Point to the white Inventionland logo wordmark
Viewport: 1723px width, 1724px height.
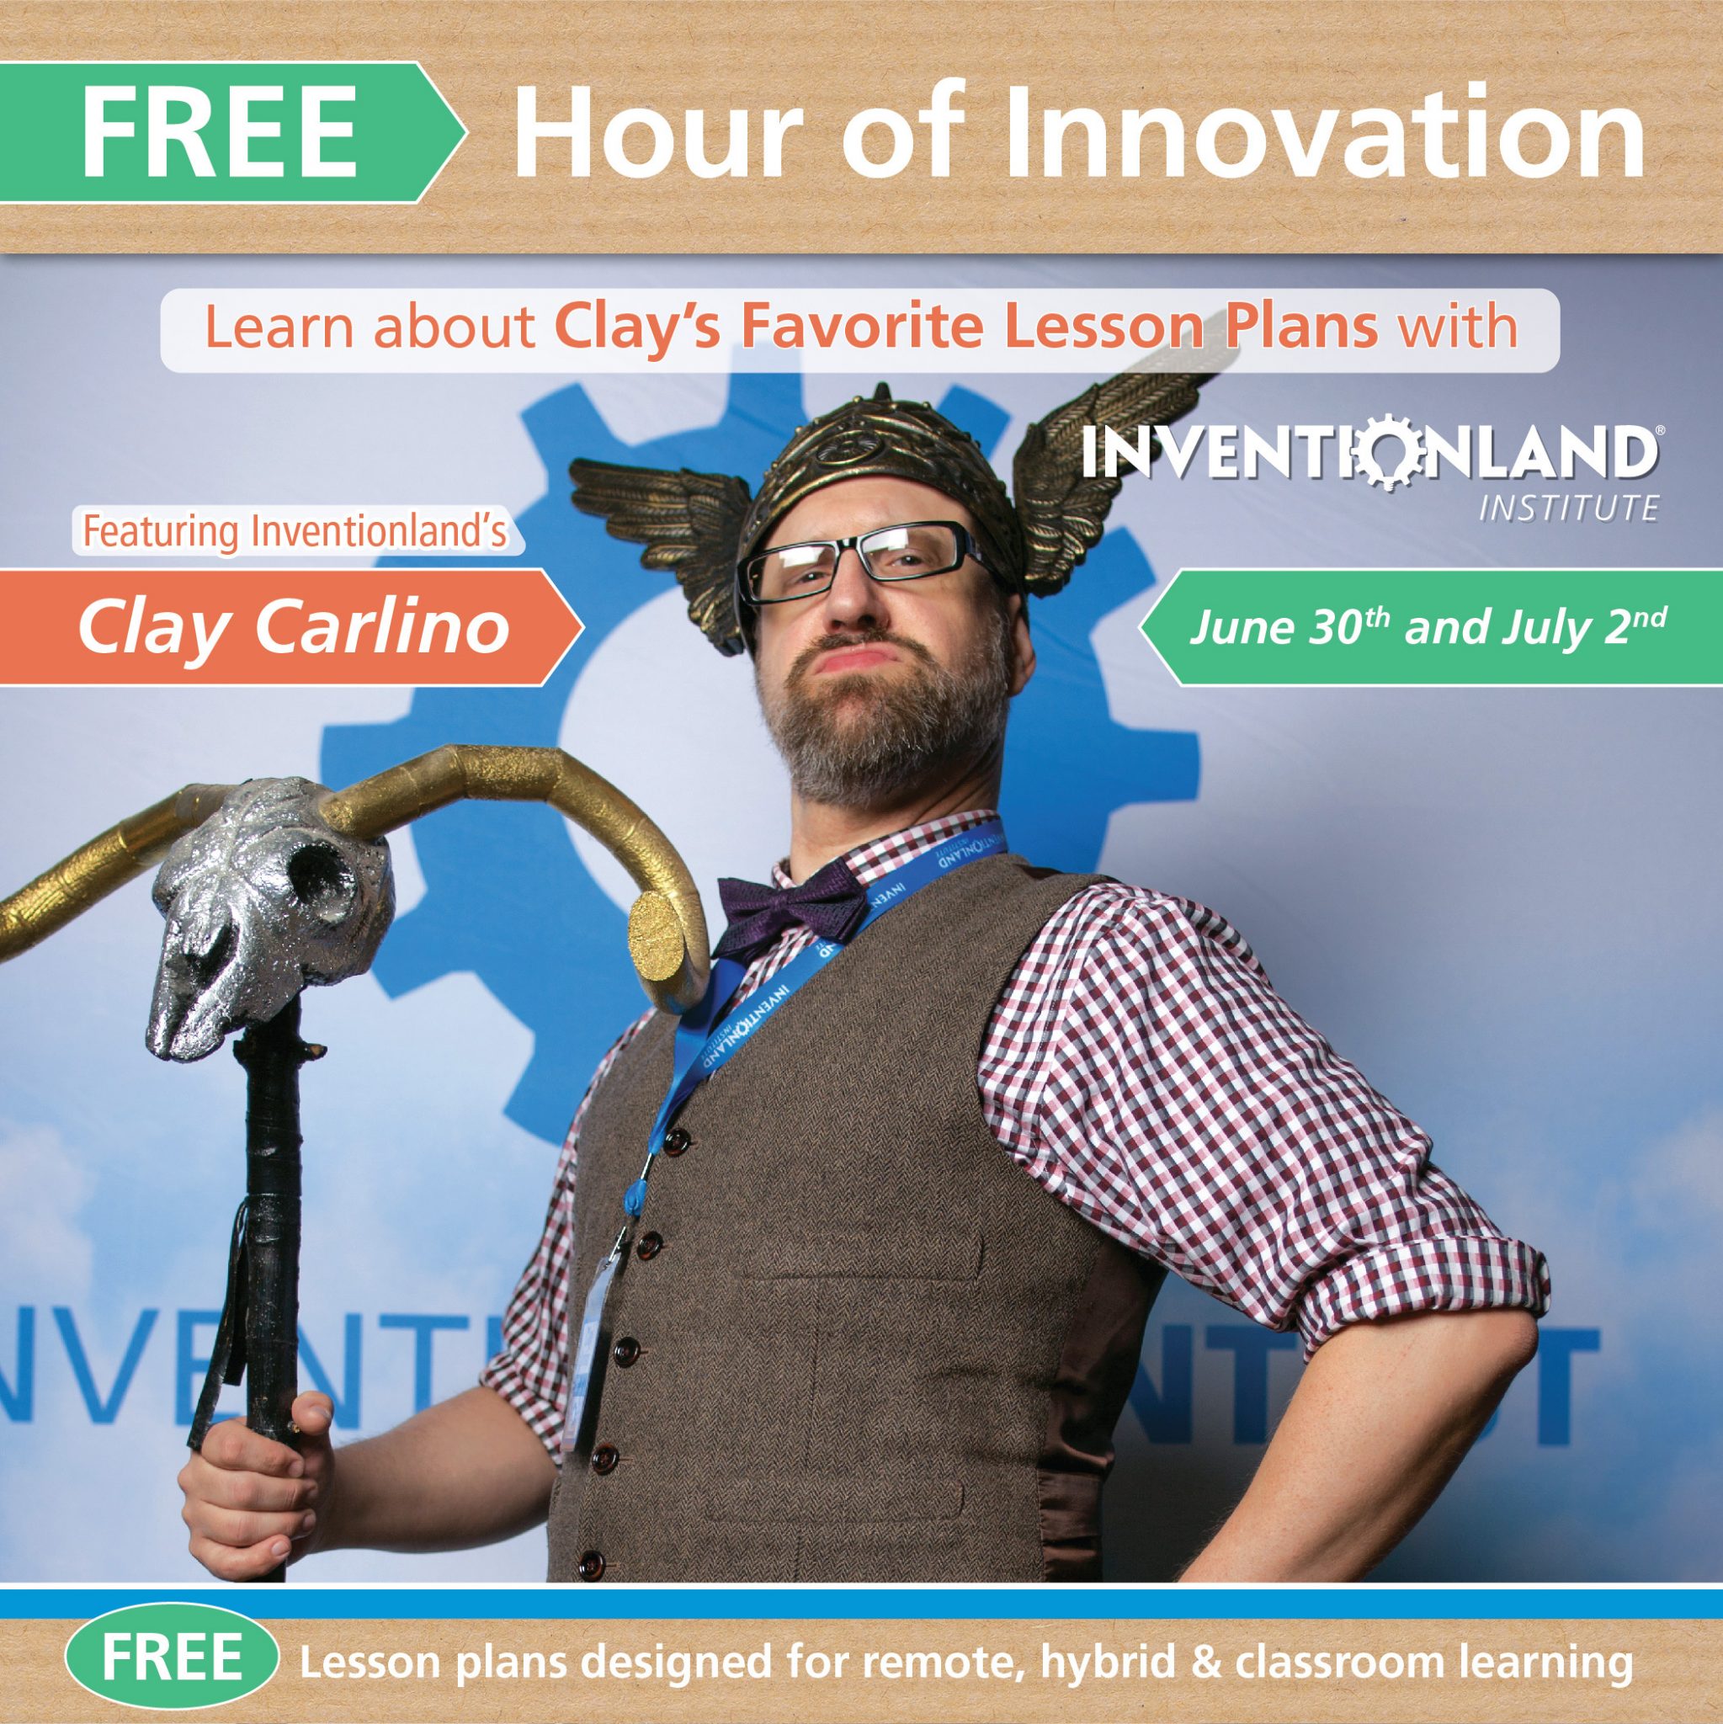point(1372,451)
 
